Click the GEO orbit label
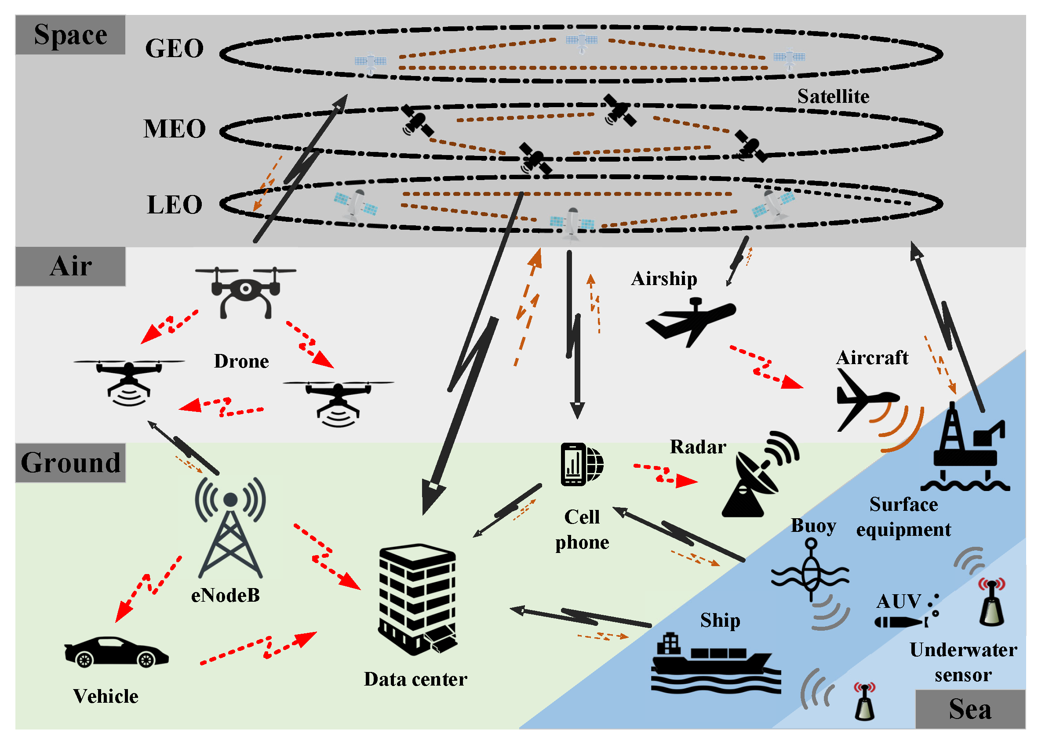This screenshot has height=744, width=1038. [x=175, y=48]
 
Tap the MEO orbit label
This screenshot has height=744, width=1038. [x=175, y=129]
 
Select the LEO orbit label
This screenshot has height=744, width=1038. [x=175, y=204]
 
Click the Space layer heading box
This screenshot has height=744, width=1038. [x=70, y=35]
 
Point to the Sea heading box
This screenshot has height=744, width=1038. [x=969, y=709]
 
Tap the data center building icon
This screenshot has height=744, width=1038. [x=417, y=600]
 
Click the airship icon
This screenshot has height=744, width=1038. [x=691, y=320]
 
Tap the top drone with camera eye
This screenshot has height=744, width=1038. [x=246, y=292]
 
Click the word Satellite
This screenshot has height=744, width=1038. [x=833, y=97]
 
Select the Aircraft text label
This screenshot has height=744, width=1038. [x=871, y=358]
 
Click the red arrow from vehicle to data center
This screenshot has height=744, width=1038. [x=259, y=648]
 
